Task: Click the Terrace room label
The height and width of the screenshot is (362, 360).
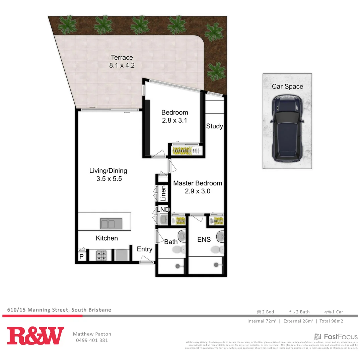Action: coord(122,57)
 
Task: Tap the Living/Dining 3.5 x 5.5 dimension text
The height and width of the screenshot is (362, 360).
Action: coord(109,179)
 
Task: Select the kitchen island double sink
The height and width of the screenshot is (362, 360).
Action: coord(111,223)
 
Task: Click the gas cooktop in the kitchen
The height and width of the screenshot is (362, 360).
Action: coord(101,256)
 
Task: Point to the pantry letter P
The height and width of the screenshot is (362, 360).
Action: coord(81,257)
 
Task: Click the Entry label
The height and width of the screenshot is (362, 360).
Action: coord(144,249)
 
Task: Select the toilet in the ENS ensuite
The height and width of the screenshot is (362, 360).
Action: coord(217,250)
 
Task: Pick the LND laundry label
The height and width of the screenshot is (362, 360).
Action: coord(163,210)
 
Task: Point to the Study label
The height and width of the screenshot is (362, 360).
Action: coord(214,126)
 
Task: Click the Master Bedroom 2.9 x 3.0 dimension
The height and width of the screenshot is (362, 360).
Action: coord(197,191)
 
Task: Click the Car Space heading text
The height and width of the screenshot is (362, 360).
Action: coord(287,86)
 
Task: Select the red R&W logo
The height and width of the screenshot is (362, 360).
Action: coord(35,336)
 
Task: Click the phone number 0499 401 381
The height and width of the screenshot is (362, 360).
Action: coord(92,340)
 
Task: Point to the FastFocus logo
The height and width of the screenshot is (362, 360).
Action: coord(336,336)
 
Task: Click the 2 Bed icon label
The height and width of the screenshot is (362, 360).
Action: coord(265,312)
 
